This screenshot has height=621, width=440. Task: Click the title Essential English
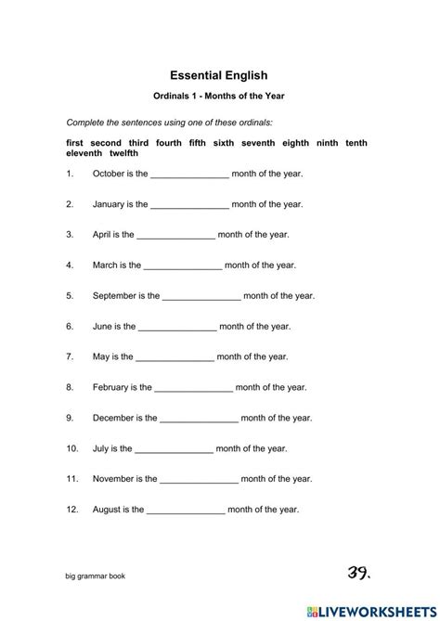219,76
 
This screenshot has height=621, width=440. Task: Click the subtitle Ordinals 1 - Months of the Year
219,97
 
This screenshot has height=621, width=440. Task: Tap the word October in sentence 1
109,174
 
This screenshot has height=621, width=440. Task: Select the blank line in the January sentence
189,204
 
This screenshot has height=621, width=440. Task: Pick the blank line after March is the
183,265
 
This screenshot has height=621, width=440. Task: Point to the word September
115,296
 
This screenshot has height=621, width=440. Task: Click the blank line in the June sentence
177,327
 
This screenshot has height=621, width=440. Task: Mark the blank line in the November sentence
200,479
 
